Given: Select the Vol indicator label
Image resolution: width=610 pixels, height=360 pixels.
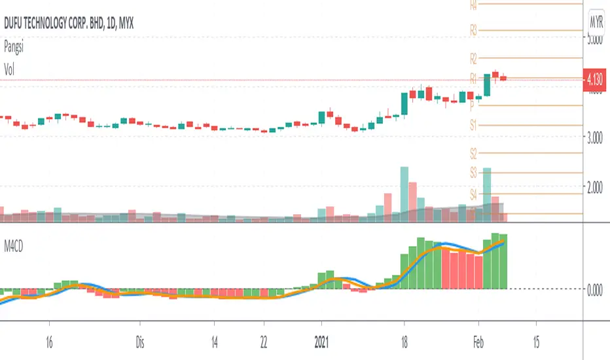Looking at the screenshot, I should point(9,67).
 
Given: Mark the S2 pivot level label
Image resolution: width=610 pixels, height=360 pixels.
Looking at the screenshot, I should point(474,153).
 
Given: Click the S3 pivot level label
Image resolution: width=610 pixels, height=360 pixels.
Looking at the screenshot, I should point(474,173).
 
